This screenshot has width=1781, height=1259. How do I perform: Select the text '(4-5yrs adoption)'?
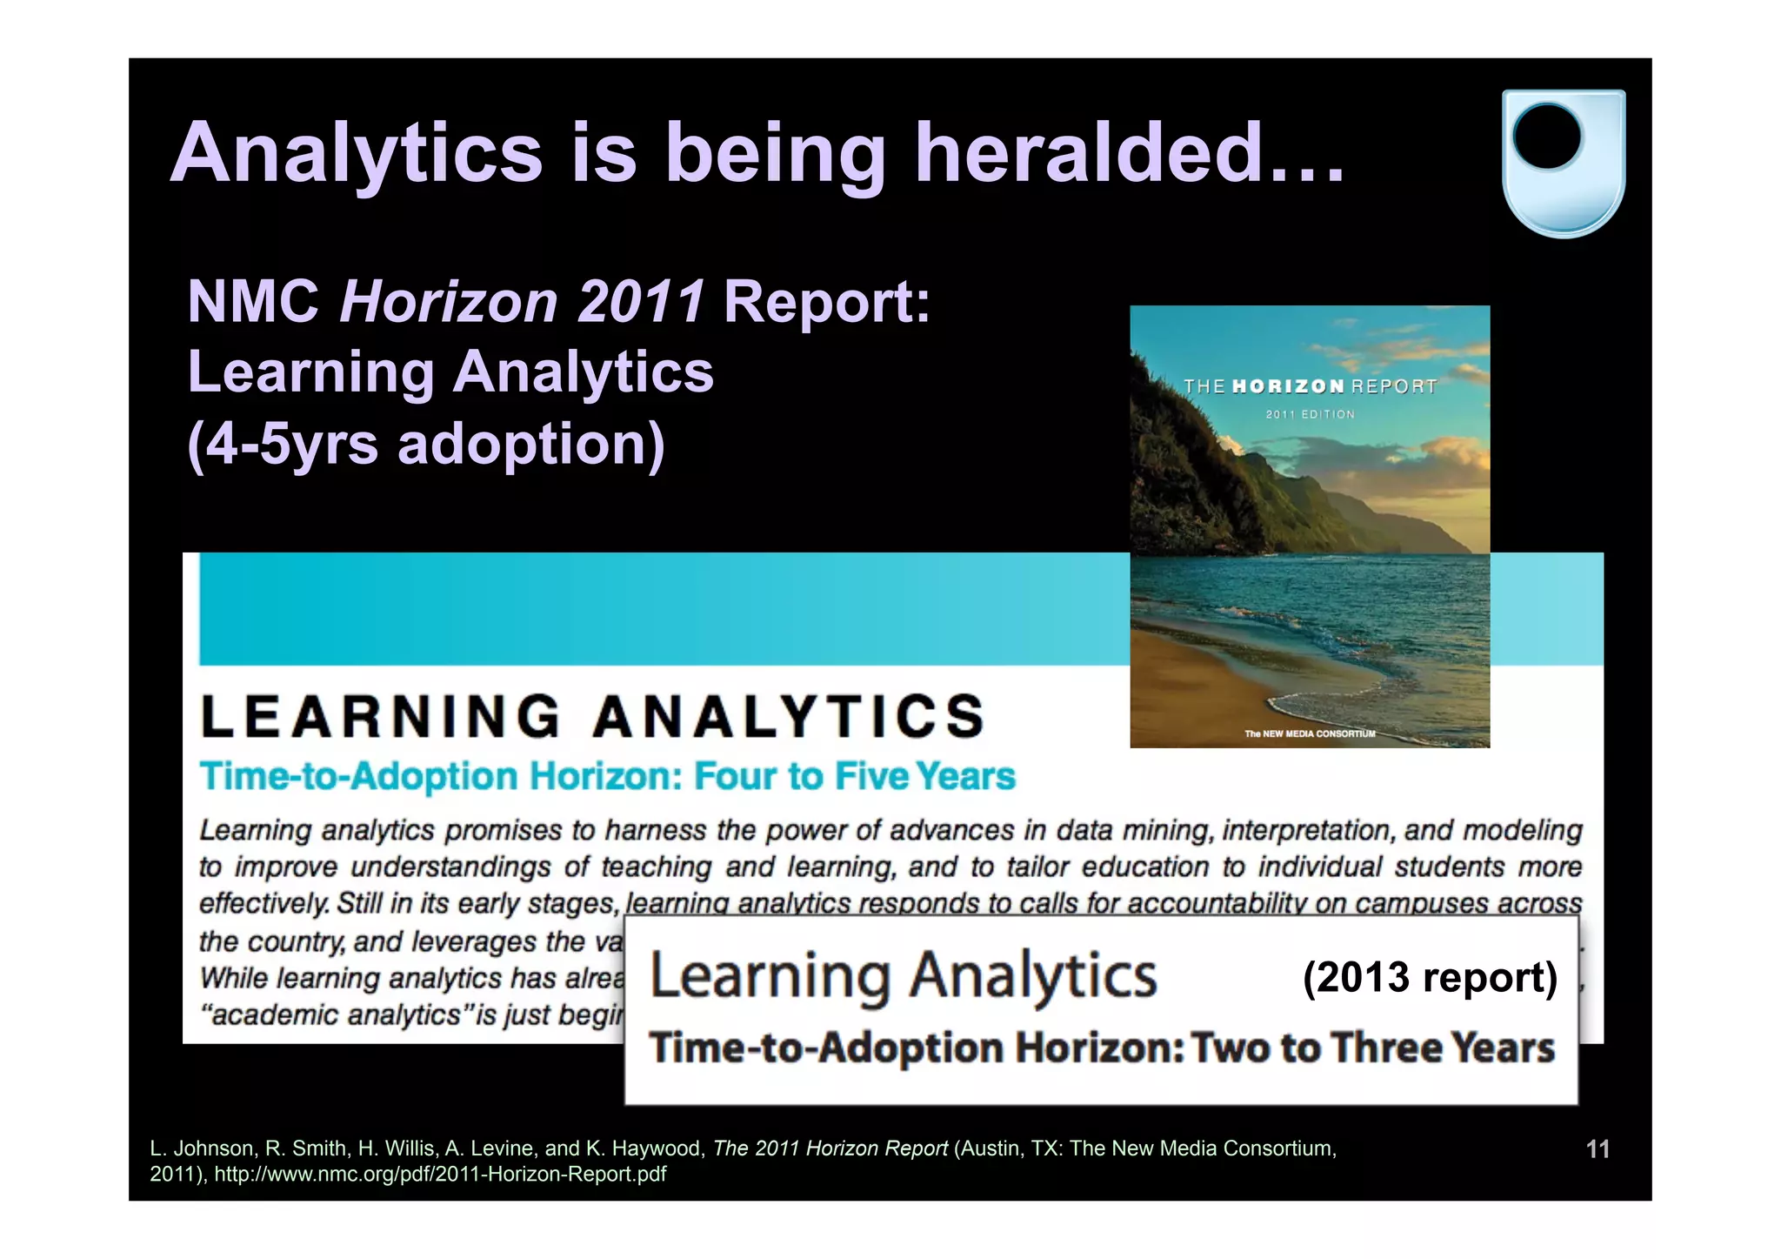(426, 444)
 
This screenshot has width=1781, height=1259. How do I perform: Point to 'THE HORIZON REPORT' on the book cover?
(1309, 386)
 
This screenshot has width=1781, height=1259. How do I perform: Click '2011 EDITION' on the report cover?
(1310, 414)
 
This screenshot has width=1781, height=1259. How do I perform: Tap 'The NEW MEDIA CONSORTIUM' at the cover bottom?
(1310, 733)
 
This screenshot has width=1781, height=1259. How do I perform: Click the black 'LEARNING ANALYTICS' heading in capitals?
(593, 717)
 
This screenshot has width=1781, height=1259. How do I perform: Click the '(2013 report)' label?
(1429, 977)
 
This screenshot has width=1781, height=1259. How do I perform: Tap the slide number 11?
(1598, 1149)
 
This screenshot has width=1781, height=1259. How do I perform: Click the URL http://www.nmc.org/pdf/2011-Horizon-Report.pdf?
(440, 1174)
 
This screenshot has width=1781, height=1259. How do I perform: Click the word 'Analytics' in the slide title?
(357, 153)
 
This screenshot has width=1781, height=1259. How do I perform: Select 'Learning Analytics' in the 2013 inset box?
(904, 976)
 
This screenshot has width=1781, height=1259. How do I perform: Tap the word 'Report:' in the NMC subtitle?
(827, 302)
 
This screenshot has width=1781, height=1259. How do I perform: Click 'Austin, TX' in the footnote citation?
(1009, 1149)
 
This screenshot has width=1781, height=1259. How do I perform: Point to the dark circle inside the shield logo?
(1547, 137)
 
